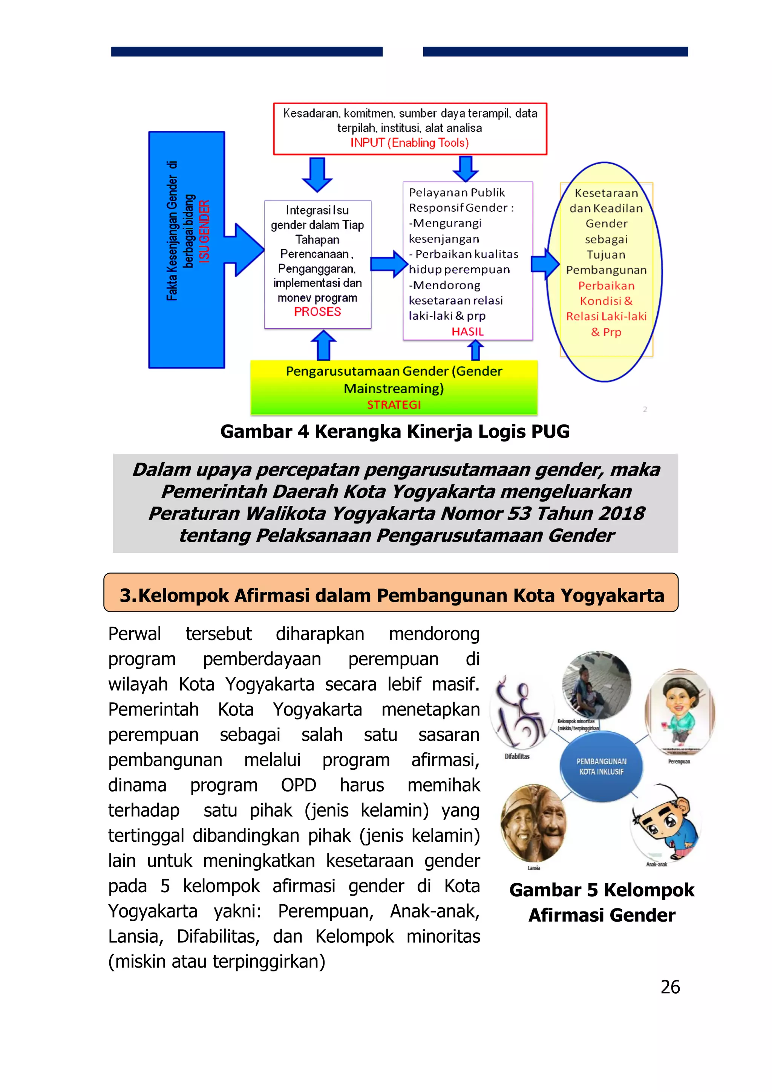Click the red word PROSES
click(317, 312)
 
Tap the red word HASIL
click(467, 331)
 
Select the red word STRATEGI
click(394, 405)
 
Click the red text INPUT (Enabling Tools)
click(409, 143)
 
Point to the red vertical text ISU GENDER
click(204, 231)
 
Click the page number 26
click(670, 987)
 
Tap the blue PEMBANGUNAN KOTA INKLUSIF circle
click(601, 766)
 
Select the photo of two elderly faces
click(534, 823)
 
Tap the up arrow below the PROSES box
click(323, 345)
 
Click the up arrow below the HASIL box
click(475, 351)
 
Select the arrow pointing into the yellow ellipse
click(545, 263)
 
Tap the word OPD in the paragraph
click(298, 785)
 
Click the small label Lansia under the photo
click(534, 868)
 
